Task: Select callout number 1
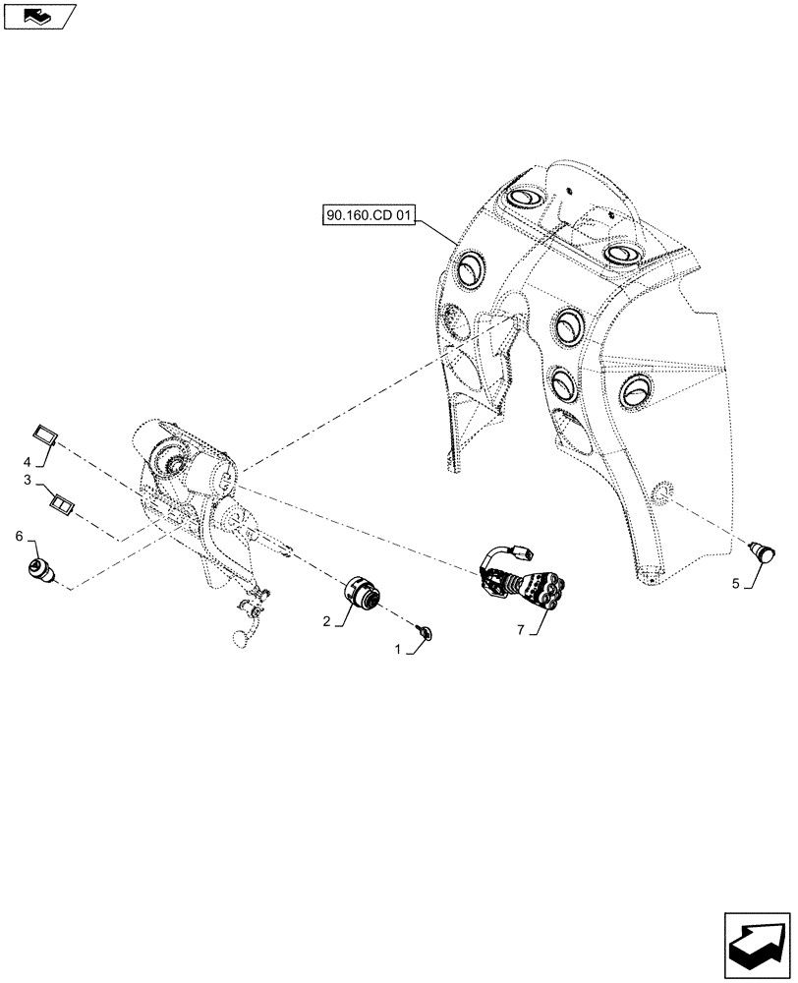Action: point(398,650)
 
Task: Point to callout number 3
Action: point(28,481)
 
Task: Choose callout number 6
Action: point(19,535)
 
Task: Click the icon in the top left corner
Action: point(38,15)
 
